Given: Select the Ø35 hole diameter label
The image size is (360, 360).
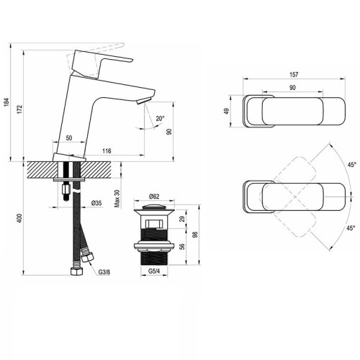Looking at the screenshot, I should [96, 204].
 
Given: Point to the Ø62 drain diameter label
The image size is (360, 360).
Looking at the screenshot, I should [154, 197].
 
